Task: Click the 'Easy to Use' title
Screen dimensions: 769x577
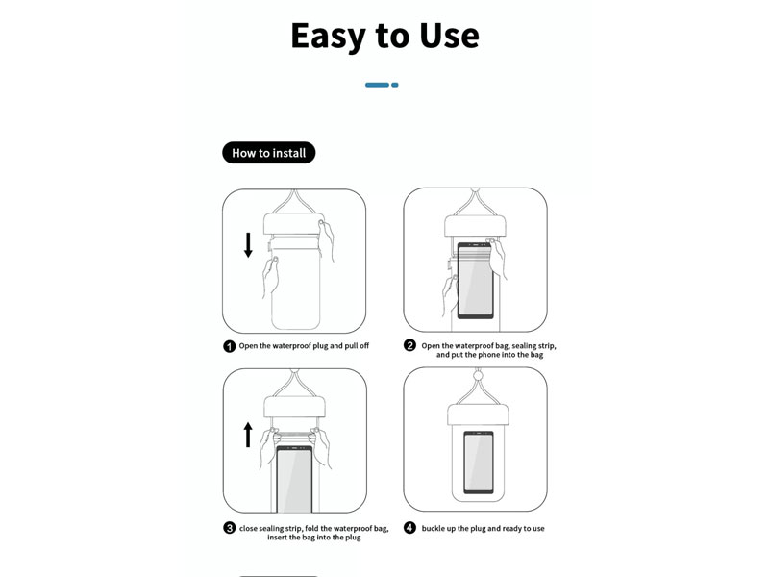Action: [x=385, y=36]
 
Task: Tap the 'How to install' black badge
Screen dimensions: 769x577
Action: [x=269, y=153]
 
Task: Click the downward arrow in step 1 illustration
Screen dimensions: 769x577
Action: [x=248, y=245]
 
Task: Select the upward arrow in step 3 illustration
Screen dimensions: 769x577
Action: [x=248, y=435]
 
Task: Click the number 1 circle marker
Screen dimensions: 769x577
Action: [x=229, y=346]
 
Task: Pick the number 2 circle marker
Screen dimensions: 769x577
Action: [x=409, y=345]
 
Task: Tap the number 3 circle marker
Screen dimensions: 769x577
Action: [x=229, y=528]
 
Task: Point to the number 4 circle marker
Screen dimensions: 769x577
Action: [x=409, y=528]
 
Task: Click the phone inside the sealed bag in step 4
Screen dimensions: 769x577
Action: [x=479, y=463]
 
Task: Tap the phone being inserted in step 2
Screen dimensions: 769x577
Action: [x=475, y=281]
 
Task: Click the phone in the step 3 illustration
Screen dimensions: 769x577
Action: [x=294, y=479]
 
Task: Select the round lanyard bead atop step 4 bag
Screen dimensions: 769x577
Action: [x=477, y=376]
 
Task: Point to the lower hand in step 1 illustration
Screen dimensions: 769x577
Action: [x=270, y=277]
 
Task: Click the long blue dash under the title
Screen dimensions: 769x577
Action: [x=377, y=85]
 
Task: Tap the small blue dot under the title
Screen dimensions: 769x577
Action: [x=395, y=85]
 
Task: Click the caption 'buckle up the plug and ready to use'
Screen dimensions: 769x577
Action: [x=484, y=528]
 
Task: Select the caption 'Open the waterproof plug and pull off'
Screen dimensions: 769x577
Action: [x=304, y=346]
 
